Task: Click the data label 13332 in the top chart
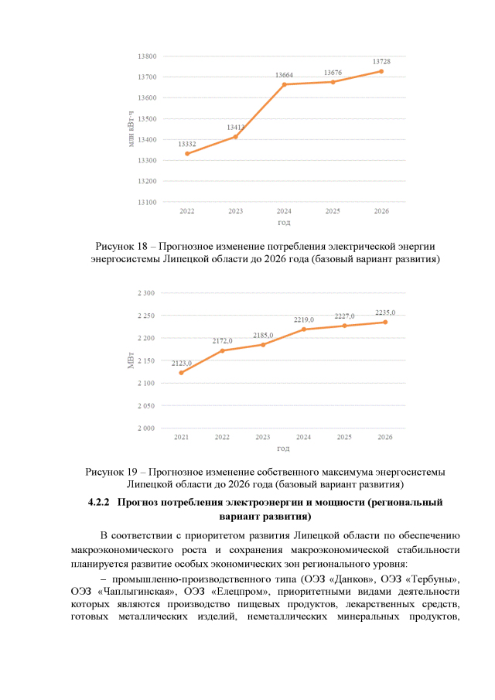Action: pyautogui.click(x=186, y=144)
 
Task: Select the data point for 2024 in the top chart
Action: pyautogui.click(x=284, y=84)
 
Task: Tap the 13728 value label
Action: pyautogui.click(x=381, y=61)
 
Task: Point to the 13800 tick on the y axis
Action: pyautogui.click(x=147, y=56)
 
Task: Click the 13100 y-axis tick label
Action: pyautogui.click(x=147, y=202)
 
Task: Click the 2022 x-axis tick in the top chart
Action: pyautogui.click(x=186, y=211)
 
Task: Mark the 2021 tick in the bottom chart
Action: pyautogui.click(x=181, y=437)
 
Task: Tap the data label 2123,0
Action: pyautogui.click(x=181, y=363)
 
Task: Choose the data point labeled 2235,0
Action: pyautogui.click(x=384, y=322)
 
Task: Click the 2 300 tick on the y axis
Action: pyautogui.click(x=145, y=293)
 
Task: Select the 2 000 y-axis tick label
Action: pyautogui.click(x=145, y=428)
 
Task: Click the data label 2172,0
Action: pyautogui.click(x=222, y=340)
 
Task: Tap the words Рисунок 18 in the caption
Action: pyautogui.click(x=122, y=246)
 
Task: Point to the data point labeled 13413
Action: pyautogui.click(x=235, y=137)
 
